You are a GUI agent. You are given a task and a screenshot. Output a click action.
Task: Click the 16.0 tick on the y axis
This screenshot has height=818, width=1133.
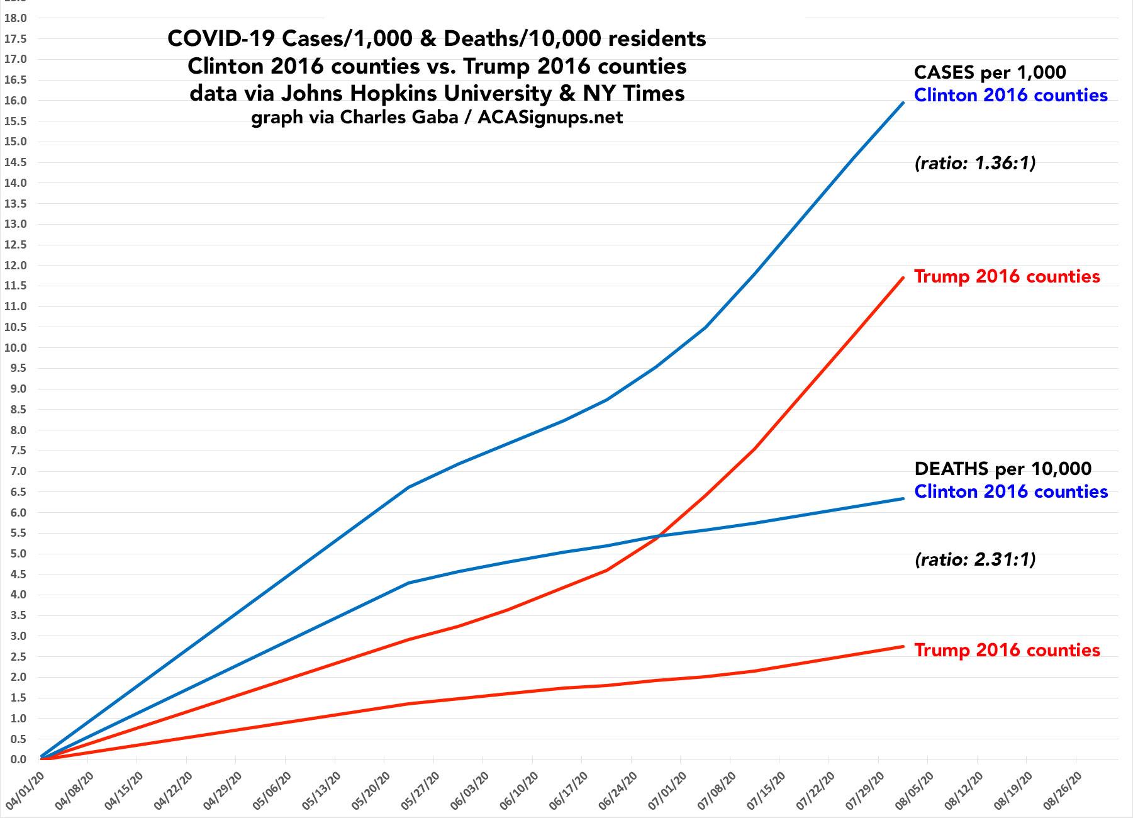pyautogui.click(x=15, y=101)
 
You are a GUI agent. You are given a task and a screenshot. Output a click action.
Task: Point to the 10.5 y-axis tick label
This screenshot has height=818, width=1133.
pyautogui.click(x=15, y=327)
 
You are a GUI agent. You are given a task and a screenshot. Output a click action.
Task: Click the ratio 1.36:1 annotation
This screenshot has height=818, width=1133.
pyautogui.click(x=974, y=164)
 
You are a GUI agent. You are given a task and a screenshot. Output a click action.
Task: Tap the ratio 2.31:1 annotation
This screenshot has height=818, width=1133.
pyautogui.click(x=974, y=559)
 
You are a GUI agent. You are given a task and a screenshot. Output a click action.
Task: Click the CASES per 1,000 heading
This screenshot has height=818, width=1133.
pyautogui.click(x=990, y=72)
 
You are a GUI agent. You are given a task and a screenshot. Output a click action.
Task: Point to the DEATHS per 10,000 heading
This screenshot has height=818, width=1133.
pyautogui.click(x=1003, y=469)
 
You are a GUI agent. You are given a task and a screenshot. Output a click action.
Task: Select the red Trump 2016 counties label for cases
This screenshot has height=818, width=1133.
pyautogui.click(x=1007, y=276)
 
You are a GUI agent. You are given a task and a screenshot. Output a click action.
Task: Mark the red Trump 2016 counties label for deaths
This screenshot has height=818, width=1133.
pyautogui.click(x=1007, y=650)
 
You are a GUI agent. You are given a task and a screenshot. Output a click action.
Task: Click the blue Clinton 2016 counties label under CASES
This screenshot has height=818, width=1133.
pyautogui.click(x=1010, y=95)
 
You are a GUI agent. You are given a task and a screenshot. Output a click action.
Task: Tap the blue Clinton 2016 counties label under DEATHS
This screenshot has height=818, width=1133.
pyautogui.click(x=1010, y=491)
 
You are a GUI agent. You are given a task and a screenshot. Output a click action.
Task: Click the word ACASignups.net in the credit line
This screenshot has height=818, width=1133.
pyautogui.click(x=550, y=118)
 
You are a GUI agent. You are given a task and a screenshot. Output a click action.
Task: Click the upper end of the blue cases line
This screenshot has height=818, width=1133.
pyautogui.click(x=903, y=103)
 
